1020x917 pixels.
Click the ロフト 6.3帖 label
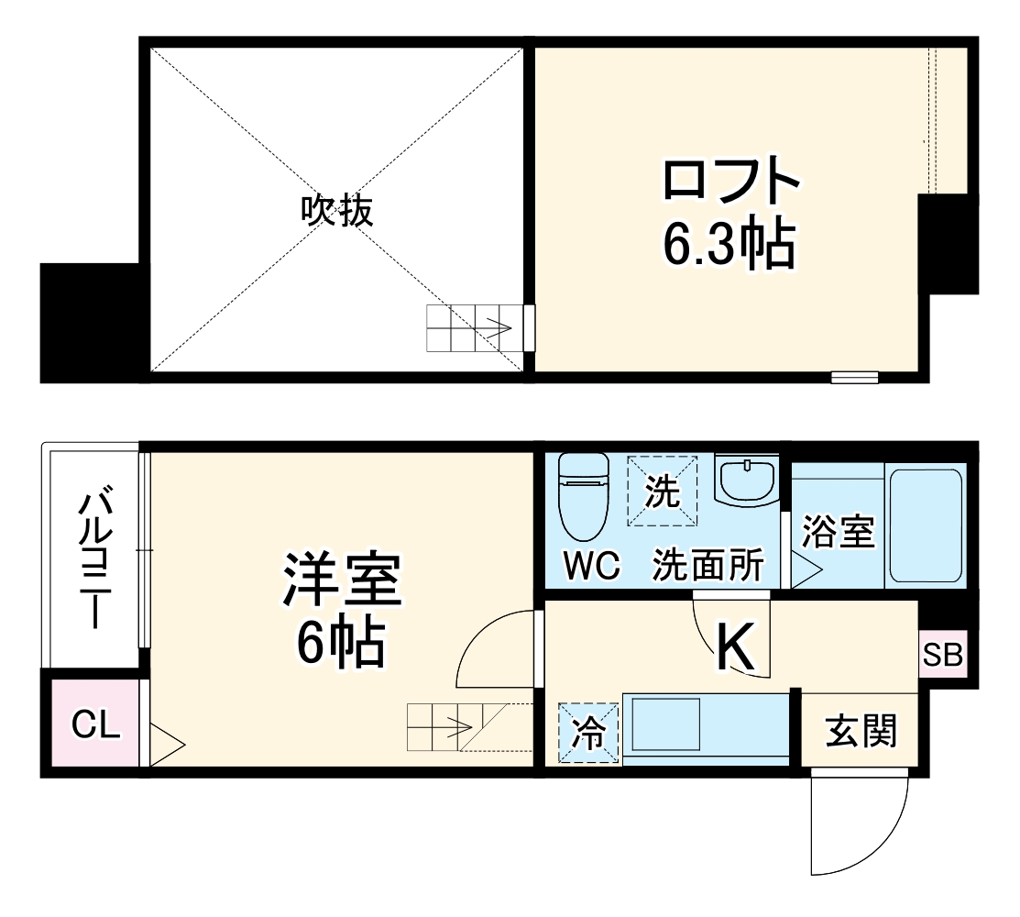pyautogui.click(x=729, y=213)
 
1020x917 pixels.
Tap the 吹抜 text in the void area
pyautogui.click(x=337, y=212)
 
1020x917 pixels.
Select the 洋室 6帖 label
pyautogui.click(x=341, y=611)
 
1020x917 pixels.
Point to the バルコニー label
pyautogui.click(x=94, y=559)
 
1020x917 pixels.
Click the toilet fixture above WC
pyautogui.click(x=583, y=496)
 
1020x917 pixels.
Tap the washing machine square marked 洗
pyautogui.click(x=663, y=491)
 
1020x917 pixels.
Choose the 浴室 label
pyautogui.click(x=838, y=532)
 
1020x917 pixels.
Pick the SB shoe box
pyautogui.click(x=942, y=655)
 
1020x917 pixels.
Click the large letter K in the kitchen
pyautogui.click(x=734, y=646)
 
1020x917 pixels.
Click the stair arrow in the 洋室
pyautogui.click(x=454, y=728)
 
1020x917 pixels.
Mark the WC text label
pyautogui.click(x=591, y=567)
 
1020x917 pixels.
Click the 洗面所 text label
pyautogui.click(x=707, y=567)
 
